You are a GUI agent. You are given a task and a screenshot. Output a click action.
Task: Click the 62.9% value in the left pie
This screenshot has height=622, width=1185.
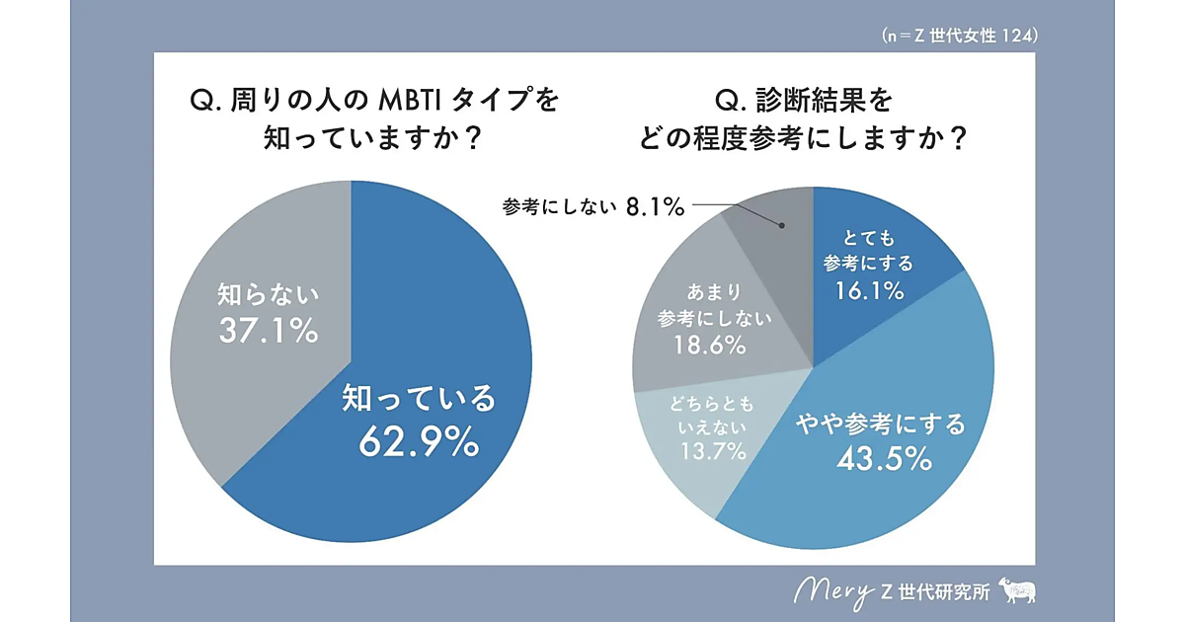click(418, 441)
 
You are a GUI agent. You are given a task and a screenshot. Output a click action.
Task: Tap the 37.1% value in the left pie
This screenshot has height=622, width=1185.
click(267, 330)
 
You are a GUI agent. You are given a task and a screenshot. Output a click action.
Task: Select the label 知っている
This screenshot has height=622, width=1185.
click(418, 398)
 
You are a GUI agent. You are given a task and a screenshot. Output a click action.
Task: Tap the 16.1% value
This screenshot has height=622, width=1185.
click(870, 290)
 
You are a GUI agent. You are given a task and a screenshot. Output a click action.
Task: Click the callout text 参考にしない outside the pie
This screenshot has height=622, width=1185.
click(559, 207)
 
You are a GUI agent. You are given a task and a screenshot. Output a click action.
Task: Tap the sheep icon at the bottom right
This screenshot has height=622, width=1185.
click(1017, 590)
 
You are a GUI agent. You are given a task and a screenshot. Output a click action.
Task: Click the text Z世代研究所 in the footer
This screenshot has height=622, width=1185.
click(937, 592)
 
